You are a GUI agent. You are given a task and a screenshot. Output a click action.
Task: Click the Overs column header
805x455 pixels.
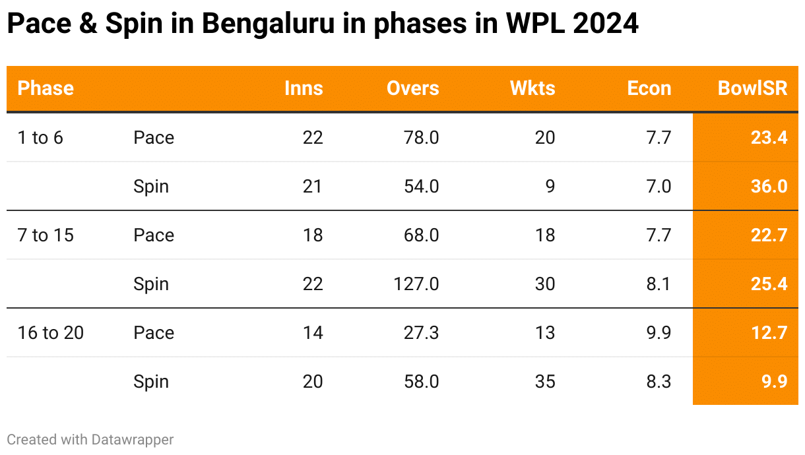pyautogui.click(x=412, y=88)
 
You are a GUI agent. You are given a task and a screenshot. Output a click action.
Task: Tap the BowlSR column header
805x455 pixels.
pyautogui.click(x=752, y=88)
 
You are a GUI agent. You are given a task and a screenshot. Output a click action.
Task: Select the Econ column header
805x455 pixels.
pyautogui.click(x=649, y=88)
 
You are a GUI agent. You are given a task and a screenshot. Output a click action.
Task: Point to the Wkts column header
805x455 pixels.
pyautogui.click(x=532, y=88)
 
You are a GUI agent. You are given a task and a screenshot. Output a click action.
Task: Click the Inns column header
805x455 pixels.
pyautogui.click(x=304, y=88)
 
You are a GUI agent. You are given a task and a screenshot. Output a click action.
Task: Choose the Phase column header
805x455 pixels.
pyautogui.click(x=46, y=88)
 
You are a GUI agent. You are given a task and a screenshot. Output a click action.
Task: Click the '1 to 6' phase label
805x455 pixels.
pyautogui.click(x=40, y=138)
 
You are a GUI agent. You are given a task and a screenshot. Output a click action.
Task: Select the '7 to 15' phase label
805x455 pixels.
pyautogui.click(x=46, y=235)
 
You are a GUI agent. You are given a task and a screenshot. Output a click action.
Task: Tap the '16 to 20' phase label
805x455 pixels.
pyautogui.click(x=51, y=333)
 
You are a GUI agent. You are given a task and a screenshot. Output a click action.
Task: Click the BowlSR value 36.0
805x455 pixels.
pyautogui.click(x=769, y=187)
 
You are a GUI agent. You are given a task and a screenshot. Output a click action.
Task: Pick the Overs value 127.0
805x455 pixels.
pyautogui.click(x=414, y=284)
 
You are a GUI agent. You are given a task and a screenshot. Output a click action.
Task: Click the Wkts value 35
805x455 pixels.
pyautogui.click(x=545, y=382)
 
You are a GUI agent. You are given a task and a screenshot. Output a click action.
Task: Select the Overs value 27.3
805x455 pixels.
pyautogui.click(x=422, y=333)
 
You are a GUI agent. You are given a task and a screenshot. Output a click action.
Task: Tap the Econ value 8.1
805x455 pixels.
pyautogui.click(x=659, y=284)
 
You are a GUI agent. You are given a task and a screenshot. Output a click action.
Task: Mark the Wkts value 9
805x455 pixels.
pyautogui.click(x=550, y=187)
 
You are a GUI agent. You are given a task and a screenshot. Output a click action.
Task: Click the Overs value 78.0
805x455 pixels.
pyautogui.click(x=422, y=138)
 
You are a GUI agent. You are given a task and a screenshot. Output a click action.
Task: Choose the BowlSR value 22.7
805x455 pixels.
pyautogui.click(x=769, y=235)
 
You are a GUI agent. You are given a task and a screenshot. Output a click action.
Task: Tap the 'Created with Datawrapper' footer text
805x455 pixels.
pyautogui.click(x=90, y=439)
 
